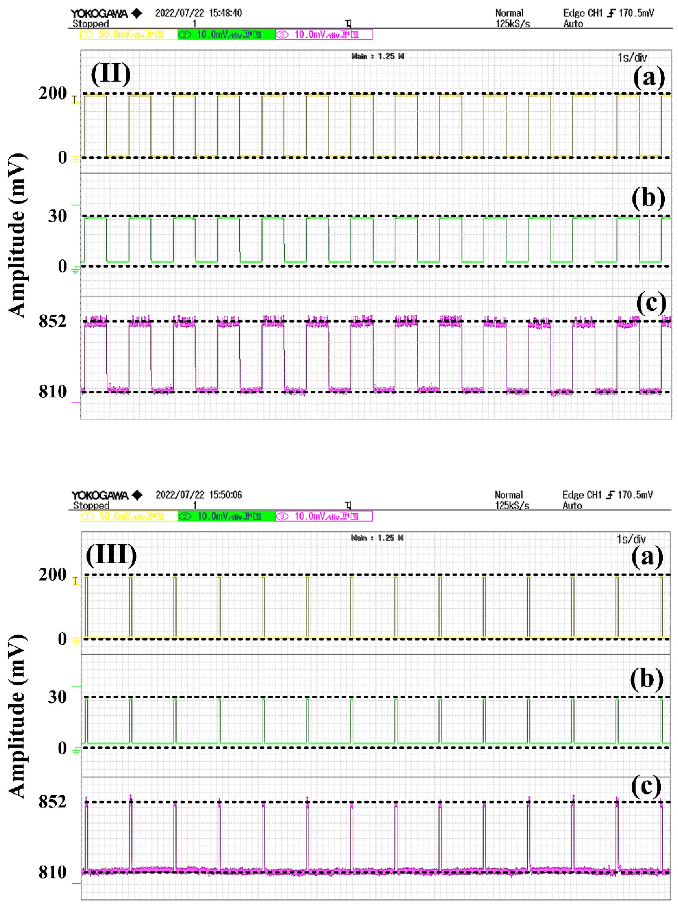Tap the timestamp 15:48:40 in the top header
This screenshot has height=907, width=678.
coord(225,13)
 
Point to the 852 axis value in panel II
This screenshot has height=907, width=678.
coord(52,321)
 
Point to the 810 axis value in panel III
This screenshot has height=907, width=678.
coord(52,872)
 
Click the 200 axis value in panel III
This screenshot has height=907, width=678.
coord(52,575)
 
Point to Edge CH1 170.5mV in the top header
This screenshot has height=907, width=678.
coord(608,13)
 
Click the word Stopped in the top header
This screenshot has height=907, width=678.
coord(91,24)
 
